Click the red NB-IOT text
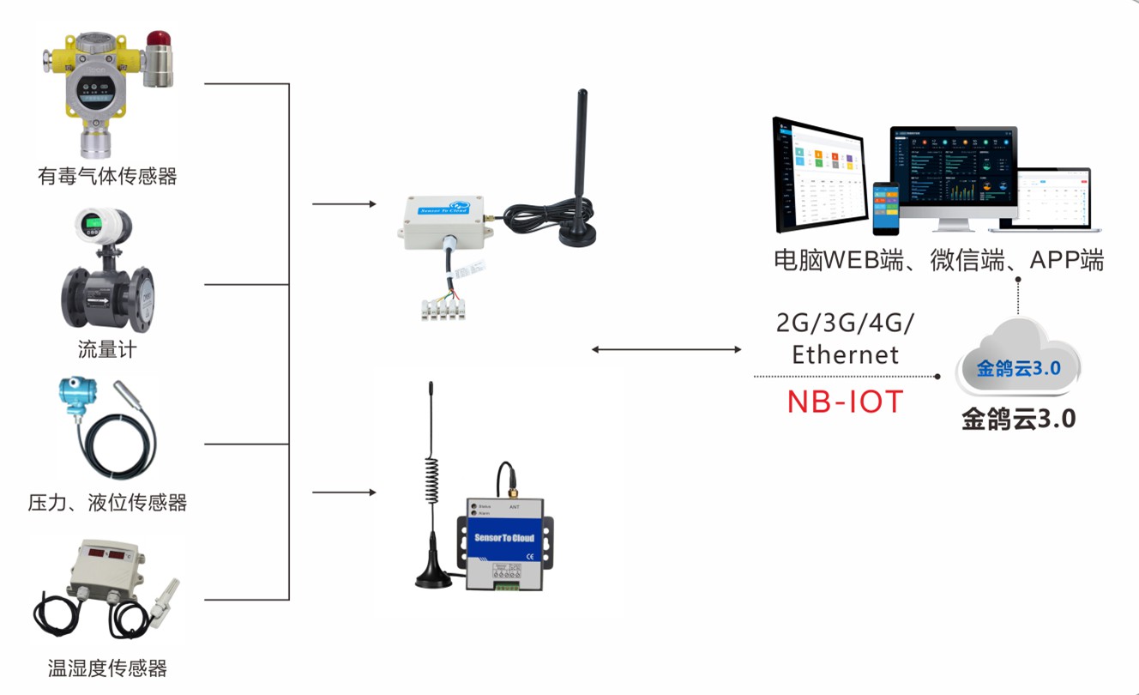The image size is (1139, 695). tap(845, 402)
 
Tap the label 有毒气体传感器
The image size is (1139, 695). tap(107, 177)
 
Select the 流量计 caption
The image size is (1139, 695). tap(106, 350)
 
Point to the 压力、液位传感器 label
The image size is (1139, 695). tap(107, 503)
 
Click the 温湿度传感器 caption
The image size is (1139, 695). tap(107, 668)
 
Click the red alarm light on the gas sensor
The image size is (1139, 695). tap(159, 40)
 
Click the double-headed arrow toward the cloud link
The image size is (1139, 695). tap(666, 349)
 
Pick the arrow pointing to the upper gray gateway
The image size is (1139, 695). tap(344, 204)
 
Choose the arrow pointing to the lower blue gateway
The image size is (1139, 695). tap(344, 493)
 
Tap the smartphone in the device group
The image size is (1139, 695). tap(885, 208)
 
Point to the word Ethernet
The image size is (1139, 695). tap(845, 354)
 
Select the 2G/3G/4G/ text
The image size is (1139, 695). tap(845, 323)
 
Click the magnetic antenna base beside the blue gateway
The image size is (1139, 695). tap(433, 580)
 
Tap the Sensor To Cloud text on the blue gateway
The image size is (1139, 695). tap(503, 538)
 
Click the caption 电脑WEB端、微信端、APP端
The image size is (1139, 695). tap(938, 260)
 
